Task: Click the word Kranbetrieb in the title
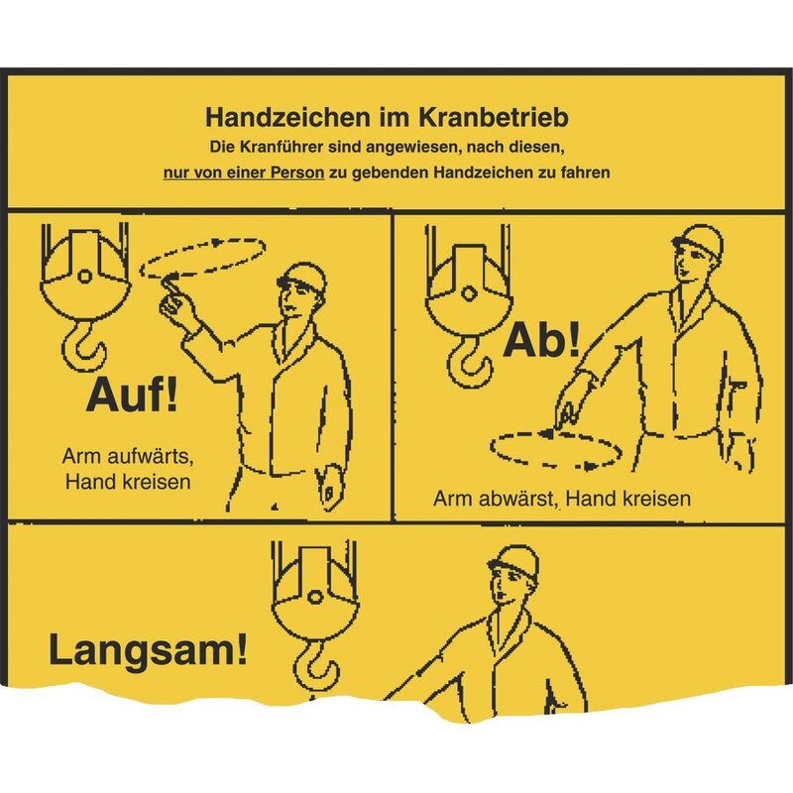point(493,117)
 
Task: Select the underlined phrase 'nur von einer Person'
point(243,172)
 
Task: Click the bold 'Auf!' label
point(133,395)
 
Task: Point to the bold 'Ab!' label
point(541,340)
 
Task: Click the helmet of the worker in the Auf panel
point(302,277)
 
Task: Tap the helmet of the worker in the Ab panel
point(698,240)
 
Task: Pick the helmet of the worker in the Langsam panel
point(513,560)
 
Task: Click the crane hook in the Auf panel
point(84,345)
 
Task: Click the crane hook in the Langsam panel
point(315,667)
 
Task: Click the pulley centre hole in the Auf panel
point(85,277)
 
